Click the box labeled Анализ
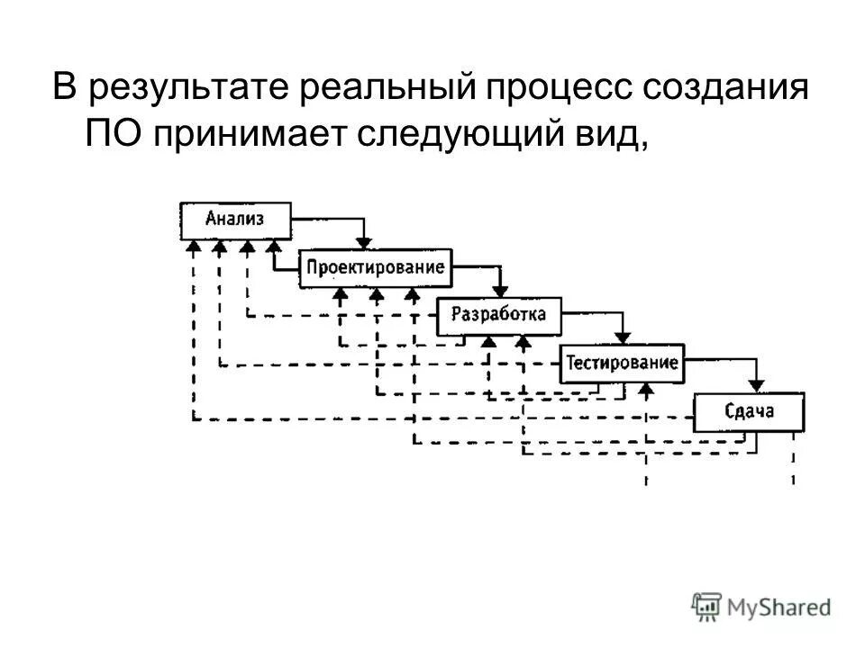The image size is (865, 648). (x=236, y=220)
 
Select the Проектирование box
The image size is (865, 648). (x=376, y=267)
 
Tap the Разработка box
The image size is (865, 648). (x=498, y=315)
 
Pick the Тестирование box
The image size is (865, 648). (x=622, y=364)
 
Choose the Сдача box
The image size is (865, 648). (x=749, y=413)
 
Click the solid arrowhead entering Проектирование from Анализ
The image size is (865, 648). (x=363, y=241)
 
